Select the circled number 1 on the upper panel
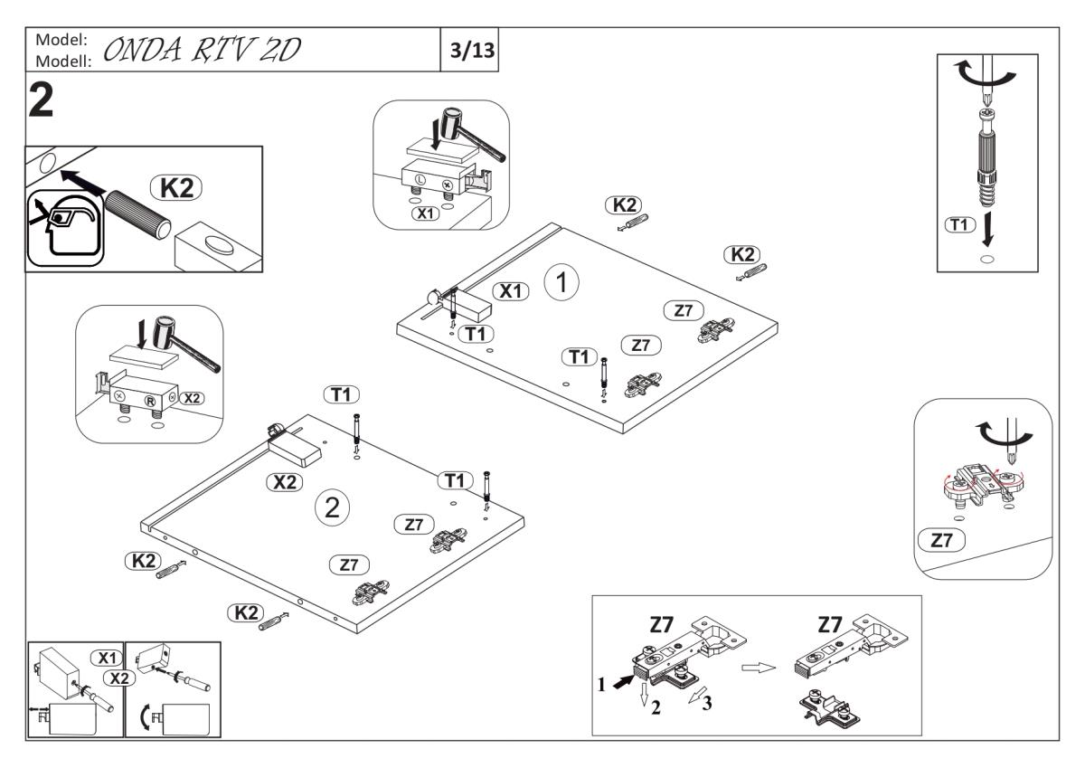[x=561, y=283]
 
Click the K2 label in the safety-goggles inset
[x=177, y=187]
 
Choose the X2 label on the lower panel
[x=285, y=482]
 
